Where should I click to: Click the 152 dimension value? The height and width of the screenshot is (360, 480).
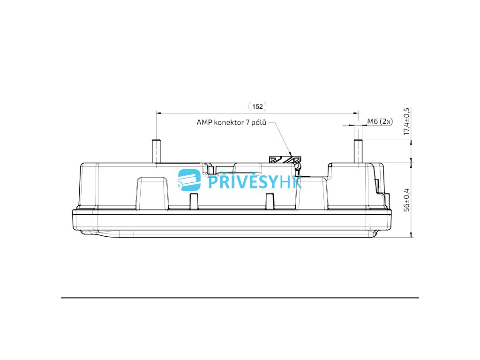coord(257,106)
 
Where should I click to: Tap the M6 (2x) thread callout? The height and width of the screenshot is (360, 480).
coord(380,121)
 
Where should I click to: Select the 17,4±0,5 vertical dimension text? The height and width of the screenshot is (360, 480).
coord(406,121)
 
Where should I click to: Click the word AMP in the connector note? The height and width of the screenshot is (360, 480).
coord(204,123)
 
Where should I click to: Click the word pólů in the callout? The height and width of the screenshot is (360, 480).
coord(259,123)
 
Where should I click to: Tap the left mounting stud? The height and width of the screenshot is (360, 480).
coord(156,151)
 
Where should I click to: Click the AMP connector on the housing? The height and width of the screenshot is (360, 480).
coord(286,159)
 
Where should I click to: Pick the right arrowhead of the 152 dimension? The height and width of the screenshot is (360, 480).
coord(354,113)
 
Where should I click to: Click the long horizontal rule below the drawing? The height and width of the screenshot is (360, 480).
coord(240,298)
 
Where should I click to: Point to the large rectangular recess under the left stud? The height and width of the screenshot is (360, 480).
coord(152,192)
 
